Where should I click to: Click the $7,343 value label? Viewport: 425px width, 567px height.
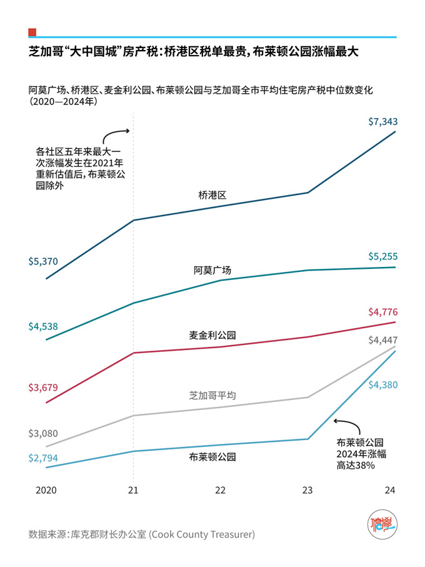pos(382,122)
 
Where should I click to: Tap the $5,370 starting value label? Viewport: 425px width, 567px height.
pos(43,261)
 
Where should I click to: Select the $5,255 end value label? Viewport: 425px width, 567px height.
pos(382,256)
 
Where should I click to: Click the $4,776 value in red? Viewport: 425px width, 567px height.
pos(382,312)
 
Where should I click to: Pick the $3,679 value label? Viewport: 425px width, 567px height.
pos(43,388)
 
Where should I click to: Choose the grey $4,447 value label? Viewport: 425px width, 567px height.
pos(382,341)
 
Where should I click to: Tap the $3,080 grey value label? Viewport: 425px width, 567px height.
pos(43,433)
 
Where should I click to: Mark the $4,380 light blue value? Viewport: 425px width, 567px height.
pos(382,385)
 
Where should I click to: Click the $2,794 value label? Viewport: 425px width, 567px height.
pos(43,458)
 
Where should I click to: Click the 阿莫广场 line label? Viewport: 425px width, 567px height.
pos(212,270)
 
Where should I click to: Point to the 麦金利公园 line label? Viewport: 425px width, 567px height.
pos(212,334)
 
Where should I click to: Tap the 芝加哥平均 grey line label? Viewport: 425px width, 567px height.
pos(212,395)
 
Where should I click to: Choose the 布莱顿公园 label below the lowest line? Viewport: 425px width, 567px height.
pos(212,457)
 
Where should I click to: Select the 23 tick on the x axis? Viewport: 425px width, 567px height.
pos(306,490)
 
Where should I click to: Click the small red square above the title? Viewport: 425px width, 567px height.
pos(32,32)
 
